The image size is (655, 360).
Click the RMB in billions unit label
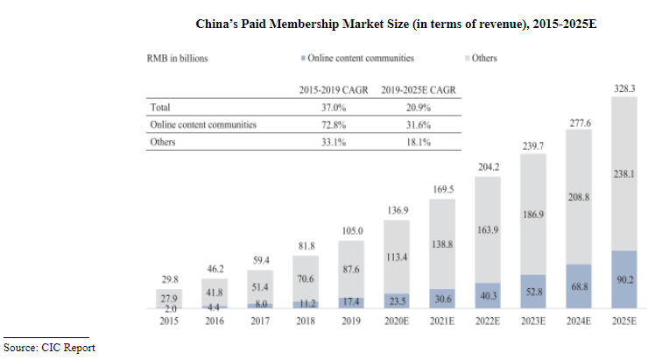point(179,60)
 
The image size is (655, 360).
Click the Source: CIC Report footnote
point(49,348)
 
